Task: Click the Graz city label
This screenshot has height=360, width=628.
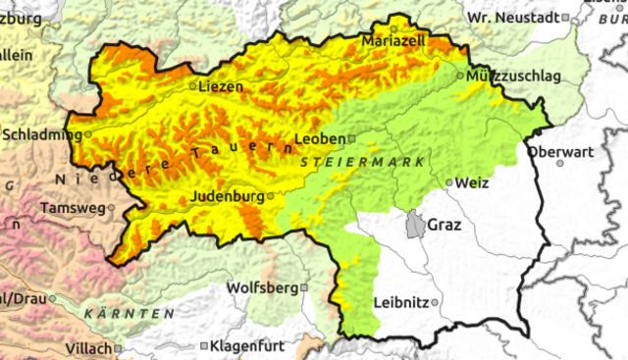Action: click(444, 224)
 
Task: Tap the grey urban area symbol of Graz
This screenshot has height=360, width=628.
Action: click(417, 225)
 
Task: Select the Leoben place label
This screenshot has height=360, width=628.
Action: click(319, 138)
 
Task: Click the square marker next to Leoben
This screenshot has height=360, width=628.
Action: click(352, 139)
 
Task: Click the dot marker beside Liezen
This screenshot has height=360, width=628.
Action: click(192, 86)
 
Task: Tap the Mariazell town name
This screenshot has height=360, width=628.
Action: click(393, 42)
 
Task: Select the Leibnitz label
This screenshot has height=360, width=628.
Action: click(401, 301)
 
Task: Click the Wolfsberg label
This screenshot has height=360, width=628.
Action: click(261, 288)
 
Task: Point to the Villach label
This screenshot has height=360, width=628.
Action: click(88, 348)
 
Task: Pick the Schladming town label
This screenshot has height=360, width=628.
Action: click(43, 133)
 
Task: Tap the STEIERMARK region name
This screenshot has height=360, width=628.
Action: click(362, 159)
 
